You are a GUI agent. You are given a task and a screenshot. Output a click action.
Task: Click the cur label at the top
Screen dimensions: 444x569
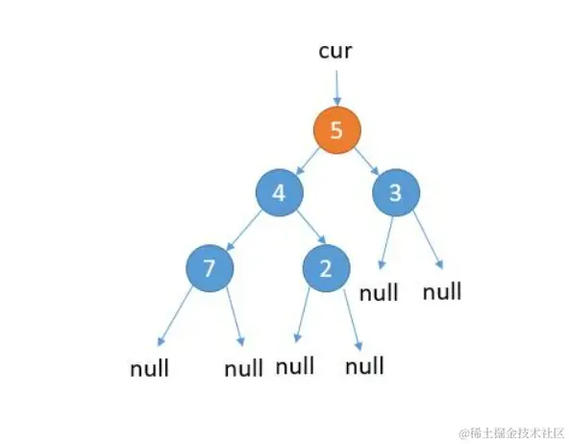coord(336,51)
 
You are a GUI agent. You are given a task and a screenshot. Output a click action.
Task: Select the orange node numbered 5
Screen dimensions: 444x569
coord(336,131)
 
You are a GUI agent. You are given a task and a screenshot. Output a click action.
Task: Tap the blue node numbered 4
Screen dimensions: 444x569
coord(279,192)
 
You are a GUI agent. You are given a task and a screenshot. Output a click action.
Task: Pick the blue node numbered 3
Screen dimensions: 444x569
coord(395,192)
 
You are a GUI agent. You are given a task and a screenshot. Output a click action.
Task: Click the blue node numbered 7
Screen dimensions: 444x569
coord(210,268)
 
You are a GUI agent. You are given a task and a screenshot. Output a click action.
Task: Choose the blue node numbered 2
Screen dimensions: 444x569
coord(325,268)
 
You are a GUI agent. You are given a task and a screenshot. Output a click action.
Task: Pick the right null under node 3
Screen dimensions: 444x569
coord(442,290)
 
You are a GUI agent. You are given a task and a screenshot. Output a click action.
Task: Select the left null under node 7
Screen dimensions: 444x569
coord(150,368)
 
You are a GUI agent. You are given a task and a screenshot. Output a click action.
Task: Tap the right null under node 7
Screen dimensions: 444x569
coord(243,368)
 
